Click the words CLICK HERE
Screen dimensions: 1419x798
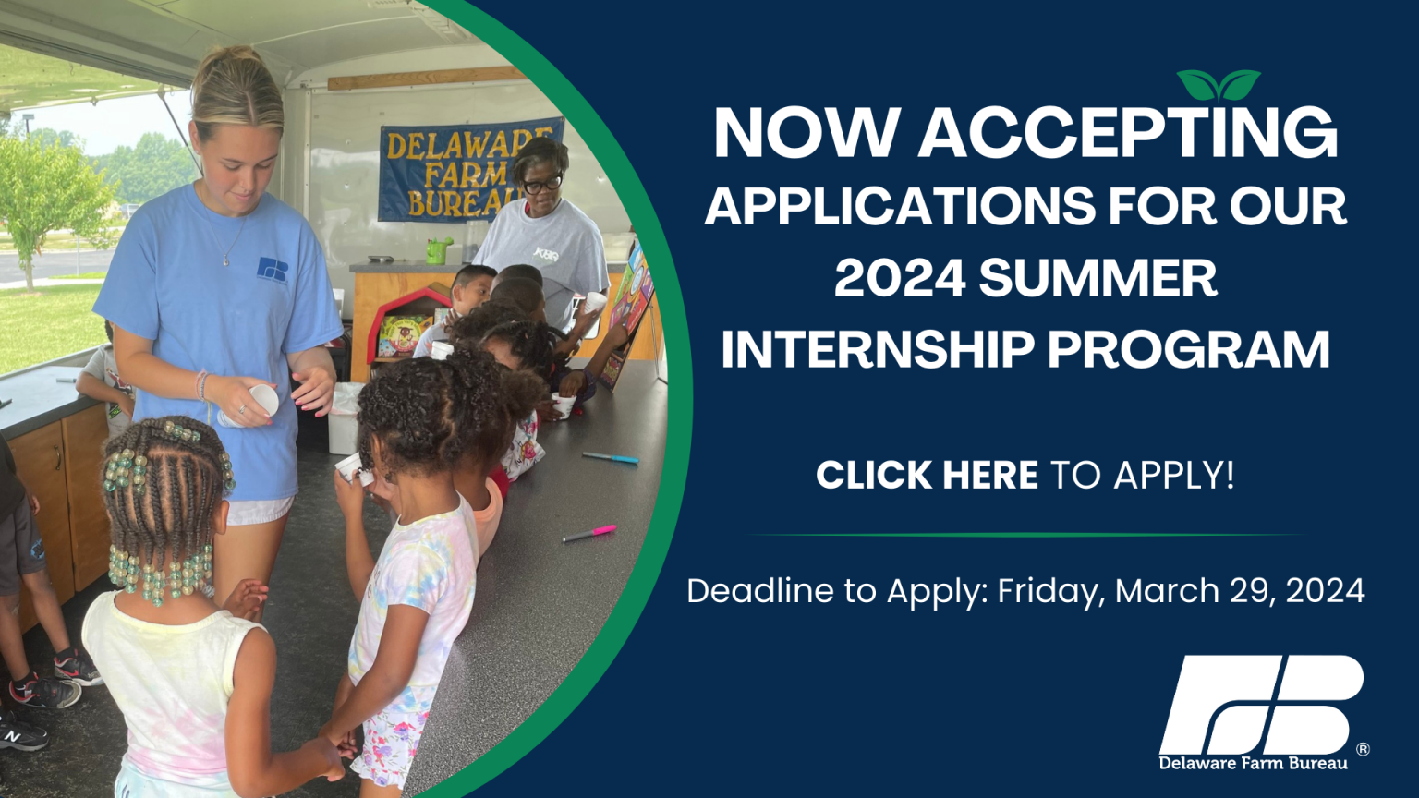[x=927, y=475]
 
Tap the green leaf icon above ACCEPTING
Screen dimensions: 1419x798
[x=1219, y=86]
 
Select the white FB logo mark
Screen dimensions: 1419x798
[x=1261, y=705]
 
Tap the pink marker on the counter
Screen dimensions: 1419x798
[x=589, y=533]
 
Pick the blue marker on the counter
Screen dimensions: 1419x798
[x=611, y=457]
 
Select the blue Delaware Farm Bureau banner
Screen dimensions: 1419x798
[x=470, y=170]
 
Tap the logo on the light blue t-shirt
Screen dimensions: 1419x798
[x=273, y=269]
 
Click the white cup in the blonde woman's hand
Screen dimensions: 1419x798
[x=263, y=400]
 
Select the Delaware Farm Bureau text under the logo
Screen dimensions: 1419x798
[x=1253, y=763]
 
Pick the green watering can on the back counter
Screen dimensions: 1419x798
[x=438, y=250]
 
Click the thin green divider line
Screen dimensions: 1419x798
[x=1026, y=535]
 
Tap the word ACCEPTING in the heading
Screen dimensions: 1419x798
[x=1128, y=134]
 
